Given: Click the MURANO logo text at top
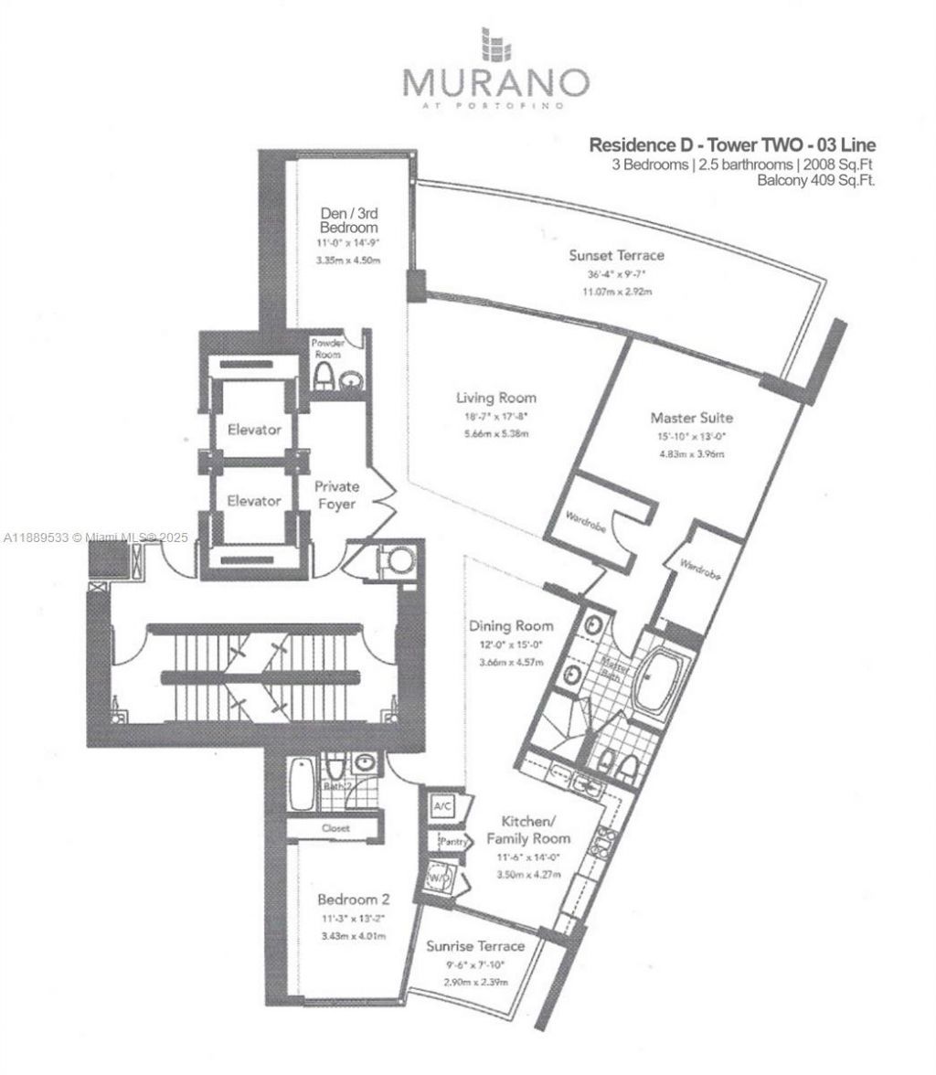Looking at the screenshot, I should click(x=495, y=82).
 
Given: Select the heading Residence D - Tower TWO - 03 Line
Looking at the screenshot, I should click(x=731, y=145).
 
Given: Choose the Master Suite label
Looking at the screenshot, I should click(x=692, y=418).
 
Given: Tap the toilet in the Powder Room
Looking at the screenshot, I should click(x=323, y=377).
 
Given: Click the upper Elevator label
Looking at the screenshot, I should click(x=255, y=429).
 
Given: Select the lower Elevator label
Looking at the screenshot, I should click(x=255, y=501).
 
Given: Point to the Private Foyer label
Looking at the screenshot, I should click(x=336, y=495).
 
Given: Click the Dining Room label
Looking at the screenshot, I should click(x=511, y=626).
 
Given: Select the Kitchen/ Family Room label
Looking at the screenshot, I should click(x=527, y=830).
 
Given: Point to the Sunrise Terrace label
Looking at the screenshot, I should click(x=476, y=946).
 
